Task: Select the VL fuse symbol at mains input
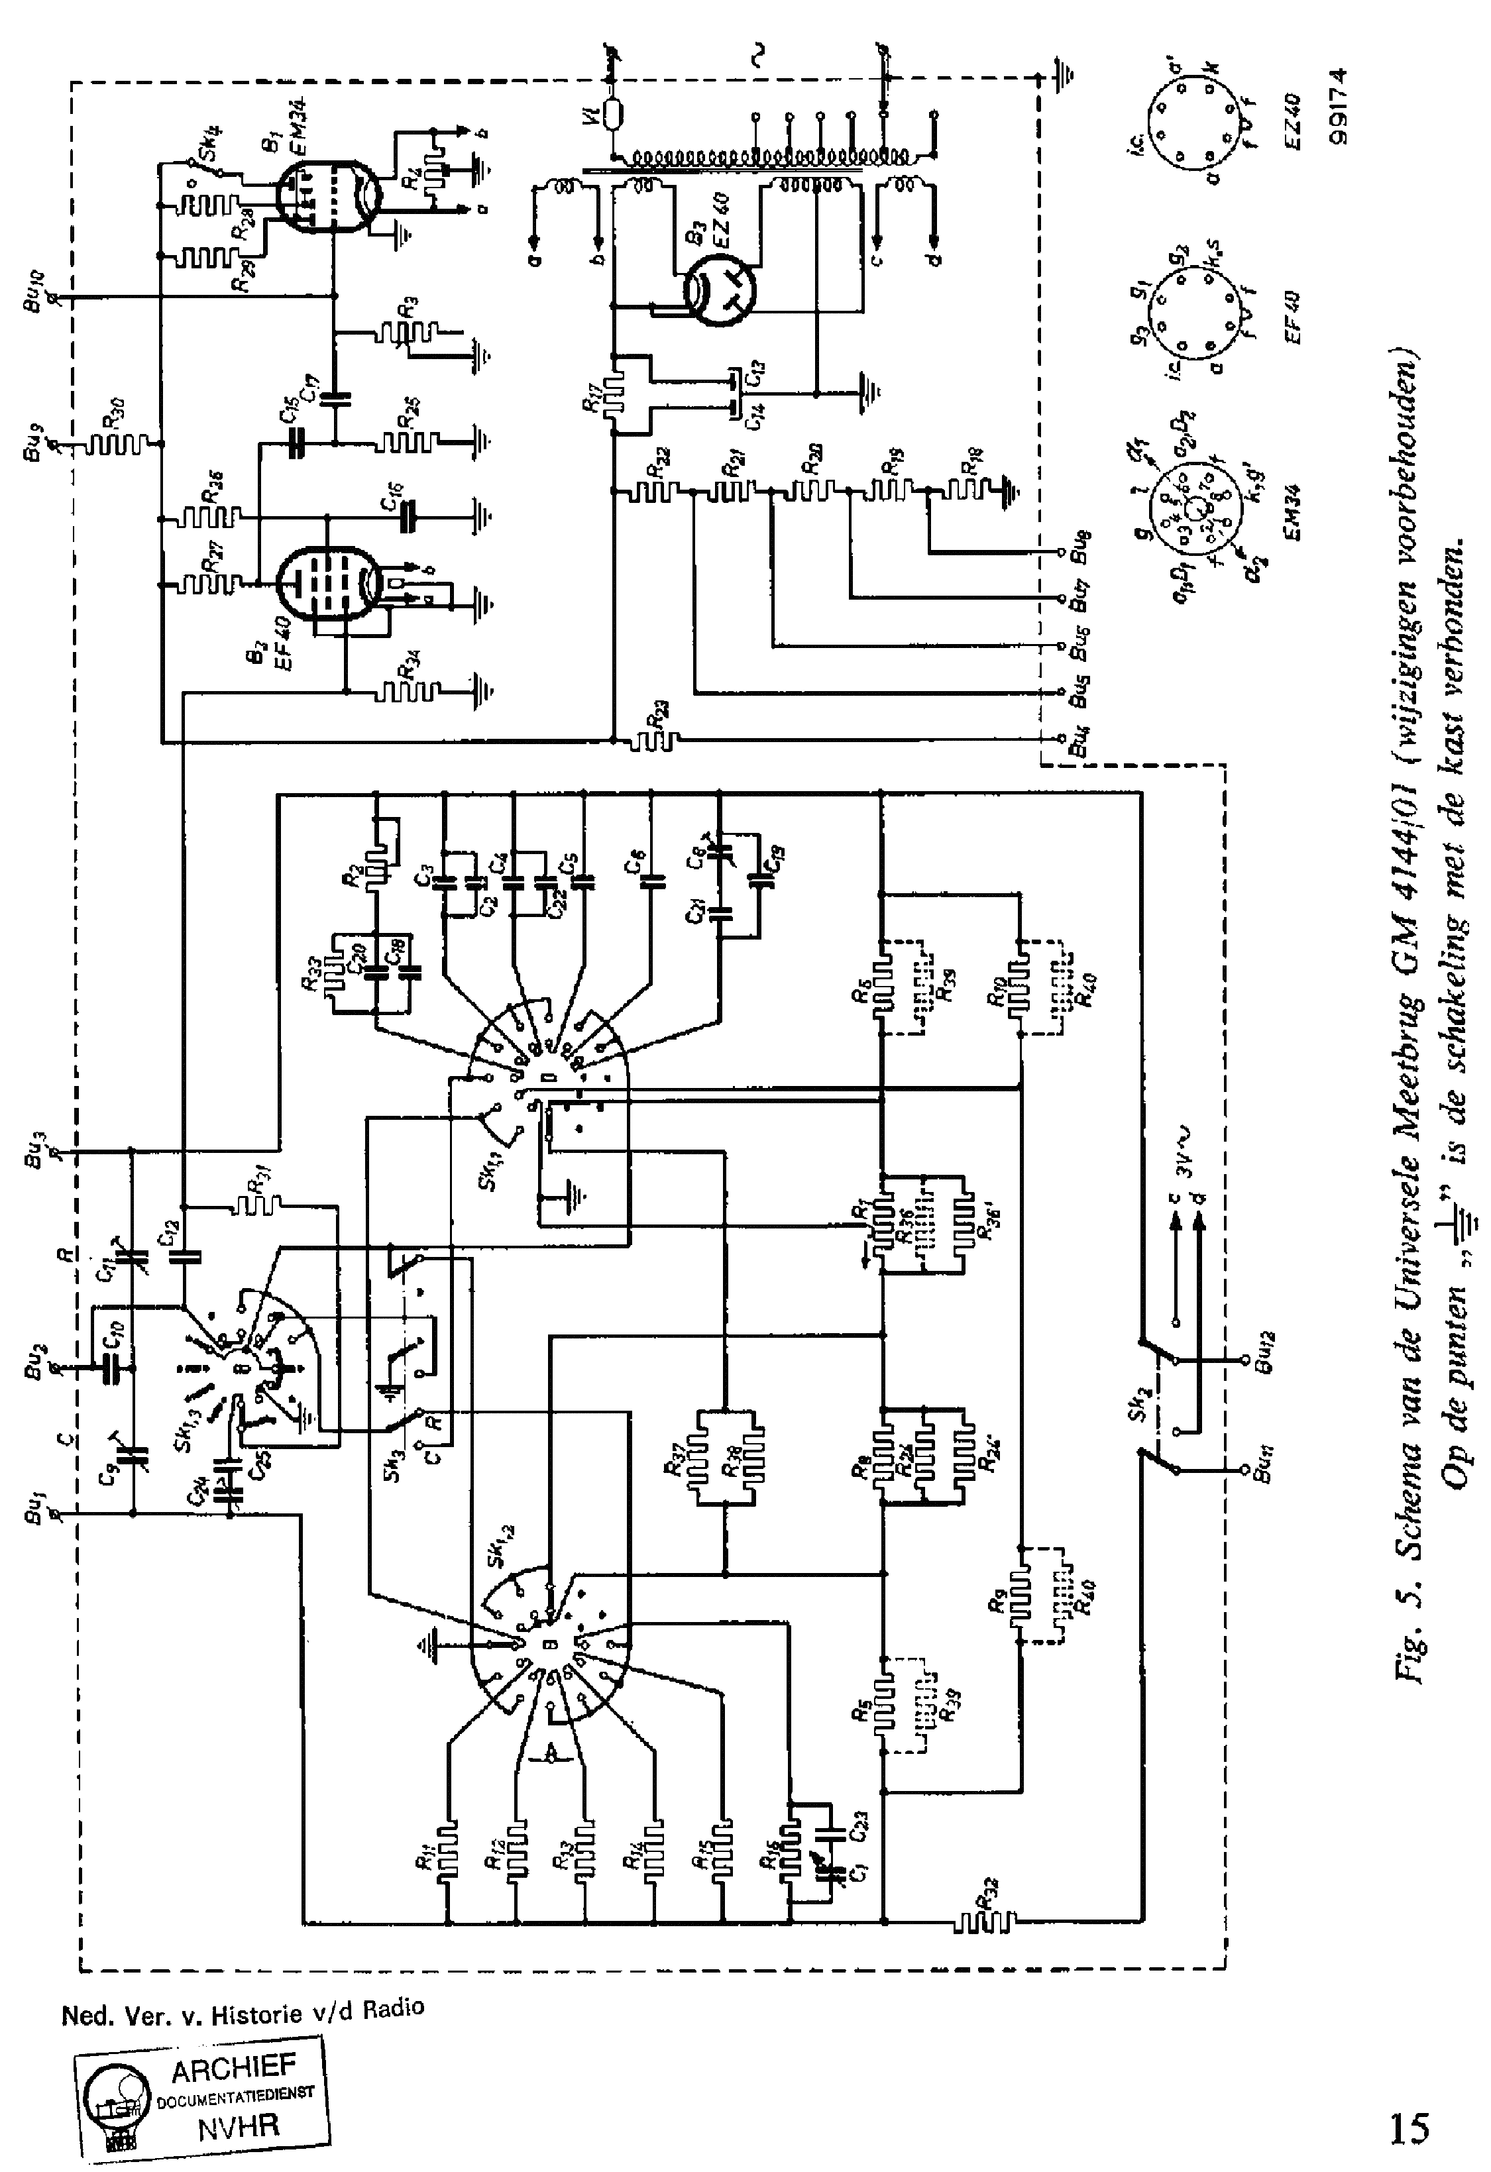[614, 115]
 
